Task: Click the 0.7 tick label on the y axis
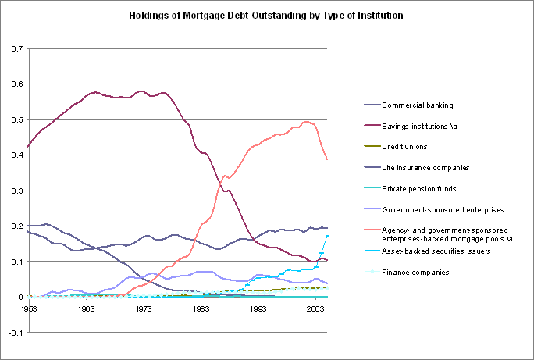16,48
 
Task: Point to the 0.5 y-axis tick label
16,119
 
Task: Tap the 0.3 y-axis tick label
16,191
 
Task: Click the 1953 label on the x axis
28,310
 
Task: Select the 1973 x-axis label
144,310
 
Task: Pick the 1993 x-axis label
258,310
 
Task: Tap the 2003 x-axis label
315,310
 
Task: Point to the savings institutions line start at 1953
27,148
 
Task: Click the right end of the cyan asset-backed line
327,236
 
